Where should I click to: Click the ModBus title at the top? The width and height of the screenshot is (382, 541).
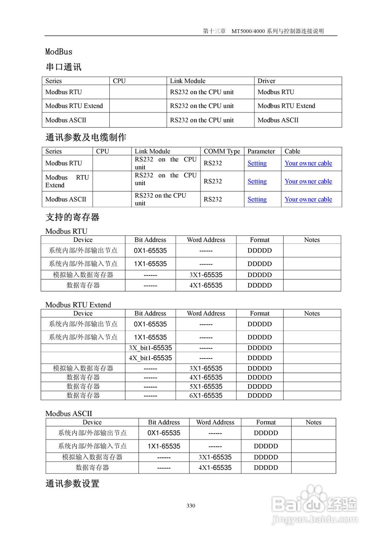59,52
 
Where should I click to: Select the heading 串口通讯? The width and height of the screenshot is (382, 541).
63,67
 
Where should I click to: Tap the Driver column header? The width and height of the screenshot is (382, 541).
266,81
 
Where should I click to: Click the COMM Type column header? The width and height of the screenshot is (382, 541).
222,151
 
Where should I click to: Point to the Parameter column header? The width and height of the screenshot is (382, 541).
261,151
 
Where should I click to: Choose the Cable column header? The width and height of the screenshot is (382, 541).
292,151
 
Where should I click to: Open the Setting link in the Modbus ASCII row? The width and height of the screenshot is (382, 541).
257,199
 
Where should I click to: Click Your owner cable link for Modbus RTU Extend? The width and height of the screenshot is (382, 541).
308,181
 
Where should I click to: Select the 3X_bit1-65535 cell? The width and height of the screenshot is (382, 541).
150,348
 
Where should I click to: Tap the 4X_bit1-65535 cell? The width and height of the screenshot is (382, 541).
150,358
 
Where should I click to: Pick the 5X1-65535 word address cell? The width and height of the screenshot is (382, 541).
206,386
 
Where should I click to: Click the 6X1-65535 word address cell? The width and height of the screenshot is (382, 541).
206,396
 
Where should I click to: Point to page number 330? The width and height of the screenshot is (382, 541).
191,506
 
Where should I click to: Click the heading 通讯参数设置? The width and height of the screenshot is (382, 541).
72,484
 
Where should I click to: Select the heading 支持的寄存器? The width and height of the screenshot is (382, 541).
72,218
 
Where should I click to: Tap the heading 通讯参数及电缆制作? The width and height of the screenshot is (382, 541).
86,137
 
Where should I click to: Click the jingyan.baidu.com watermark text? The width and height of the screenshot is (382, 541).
314,520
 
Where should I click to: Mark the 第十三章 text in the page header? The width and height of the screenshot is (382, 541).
214,31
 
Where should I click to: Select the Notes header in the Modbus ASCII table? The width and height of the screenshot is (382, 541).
313,422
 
